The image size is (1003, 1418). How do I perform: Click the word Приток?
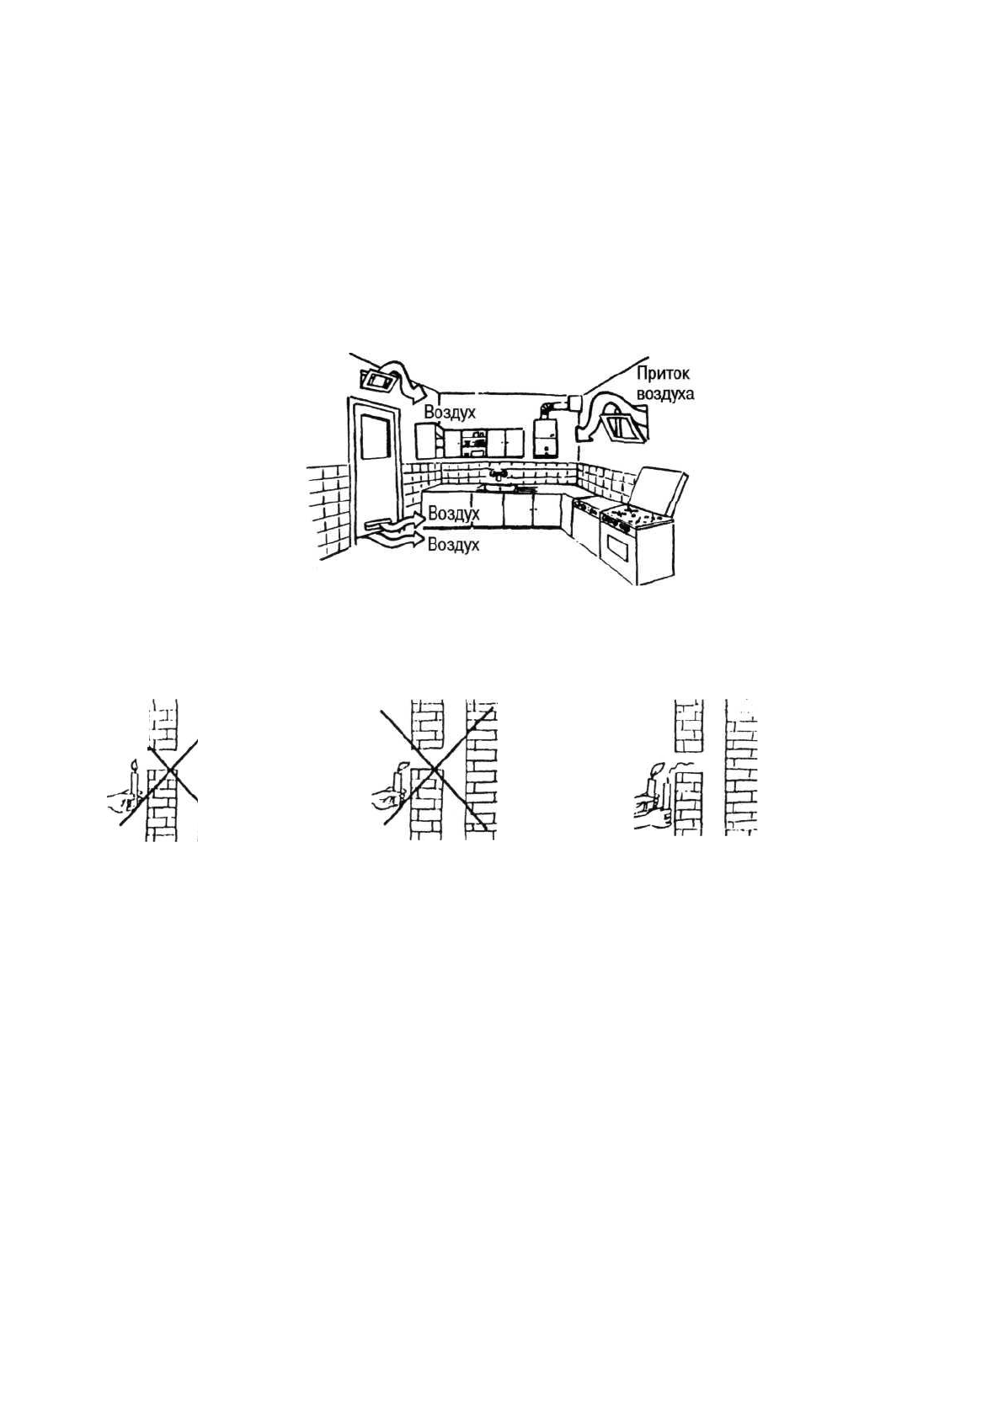[x=663, y=374]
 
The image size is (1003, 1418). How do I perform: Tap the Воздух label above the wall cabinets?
[x=450, y=412]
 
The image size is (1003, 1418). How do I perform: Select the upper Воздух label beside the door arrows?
[x=453, y=512]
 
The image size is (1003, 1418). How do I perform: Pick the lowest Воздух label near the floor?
[x=453, y=545]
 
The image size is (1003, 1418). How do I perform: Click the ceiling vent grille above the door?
[x=379, y=381]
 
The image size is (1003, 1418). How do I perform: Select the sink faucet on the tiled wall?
[x=499, y=475]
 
